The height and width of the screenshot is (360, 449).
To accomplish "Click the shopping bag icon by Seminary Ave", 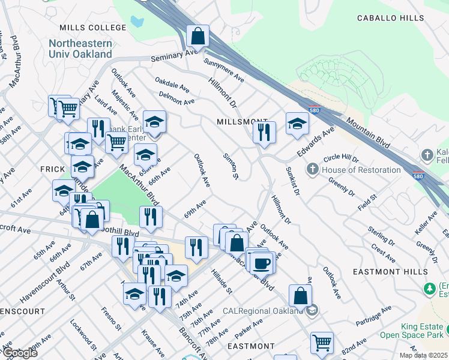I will (197, 37).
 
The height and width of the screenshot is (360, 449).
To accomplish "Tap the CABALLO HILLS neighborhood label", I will (390, 19).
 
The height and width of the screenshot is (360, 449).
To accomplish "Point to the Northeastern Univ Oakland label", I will (80, 49).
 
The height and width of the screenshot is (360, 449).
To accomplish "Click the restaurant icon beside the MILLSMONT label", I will (264, 131).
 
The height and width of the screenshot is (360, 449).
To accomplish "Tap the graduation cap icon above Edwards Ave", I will (297, 124).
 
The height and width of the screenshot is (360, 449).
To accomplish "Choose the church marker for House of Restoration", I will (312, 170).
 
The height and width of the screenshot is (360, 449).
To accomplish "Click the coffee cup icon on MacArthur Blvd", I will (262, 263).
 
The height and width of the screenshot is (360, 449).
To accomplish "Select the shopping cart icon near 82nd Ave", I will (322, 343).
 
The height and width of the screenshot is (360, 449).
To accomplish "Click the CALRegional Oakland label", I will (263, 310).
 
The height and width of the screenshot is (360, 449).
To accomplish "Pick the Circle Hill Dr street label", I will (340, 160).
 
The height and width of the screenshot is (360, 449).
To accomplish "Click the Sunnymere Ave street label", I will (224, 70).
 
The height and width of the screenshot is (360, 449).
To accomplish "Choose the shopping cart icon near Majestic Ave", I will (116, 143).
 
